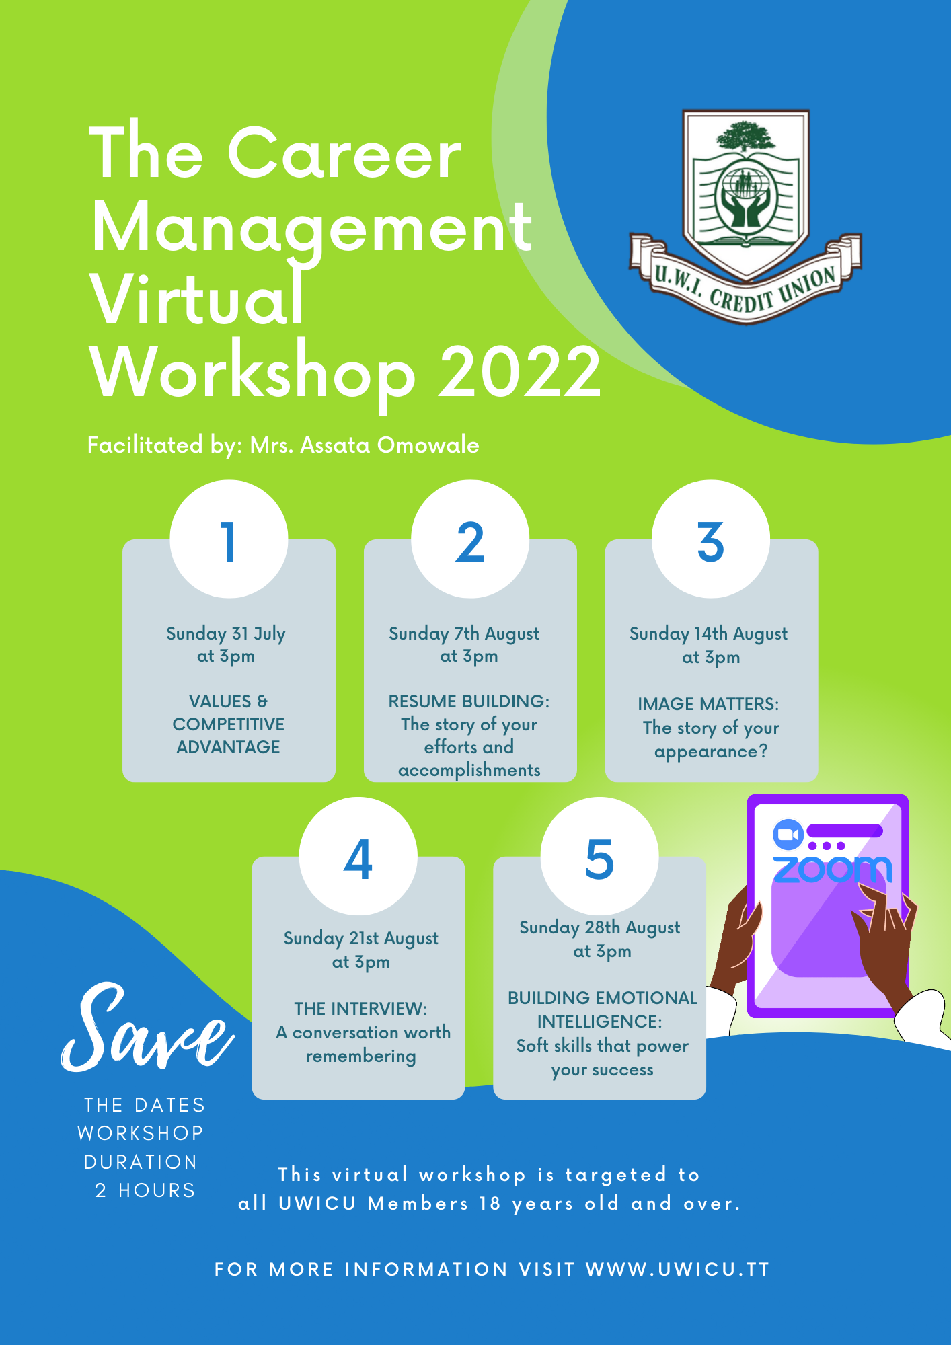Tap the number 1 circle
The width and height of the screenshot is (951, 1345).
click(x=229, y=539)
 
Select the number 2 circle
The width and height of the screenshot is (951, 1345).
click(x=470, y=539)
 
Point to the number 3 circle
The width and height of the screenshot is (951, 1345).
click(x=711, y=539)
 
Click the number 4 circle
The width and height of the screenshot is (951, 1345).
click(x=358, y=856)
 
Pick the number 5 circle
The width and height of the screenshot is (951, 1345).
click(x=600, y=856)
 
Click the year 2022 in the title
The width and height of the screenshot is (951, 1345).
click(x=520, y=372)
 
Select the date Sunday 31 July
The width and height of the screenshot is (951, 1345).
click(x=226, y=633)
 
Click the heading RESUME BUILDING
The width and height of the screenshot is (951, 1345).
click(x=469, y=701)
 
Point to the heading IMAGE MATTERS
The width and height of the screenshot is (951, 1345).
click(x=708, y=704)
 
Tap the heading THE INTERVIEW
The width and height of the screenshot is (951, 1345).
click(x=360, y=1009)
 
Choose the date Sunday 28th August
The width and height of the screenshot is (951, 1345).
click(x=600, y=928)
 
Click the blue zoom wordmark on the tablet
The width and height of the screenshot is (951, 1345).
click(x=833, y=869)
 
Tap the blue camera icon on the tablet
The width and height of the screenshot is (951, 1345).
click(x=788, y=835)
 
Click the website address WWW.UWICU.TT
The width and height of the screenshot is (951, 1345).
click(x=678, y=1270)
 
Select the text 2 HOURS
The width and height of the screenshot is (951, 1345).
click(x=145, y=1190)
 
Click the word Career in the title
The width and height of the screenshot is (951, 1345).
click(x=344, y=154)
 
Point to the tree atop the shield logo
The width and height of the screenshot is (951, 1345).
click(x=746, y=138)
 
